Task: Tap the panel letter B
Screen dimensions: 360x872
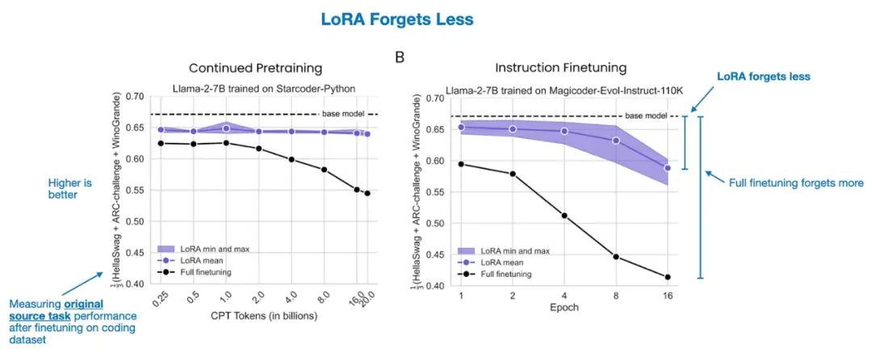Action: (399, 58)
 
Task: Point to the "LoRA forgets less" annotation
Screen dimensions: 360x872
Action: (763, 76)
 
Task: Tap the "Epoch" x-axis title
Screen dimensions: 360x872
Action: (564, 308)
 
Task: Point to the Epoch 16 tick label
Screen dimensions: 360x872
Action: (668, 295)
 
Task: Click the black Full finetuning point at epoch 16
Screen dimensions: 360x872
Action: (668, 277)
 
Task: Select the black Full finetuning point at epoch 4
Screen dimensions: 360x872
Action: (565, 216)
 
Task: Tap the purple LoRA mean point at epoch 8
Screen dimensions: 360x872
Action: (616, 140)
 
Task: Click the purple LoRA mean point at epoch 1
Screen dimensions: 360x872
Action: (462, 128)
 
